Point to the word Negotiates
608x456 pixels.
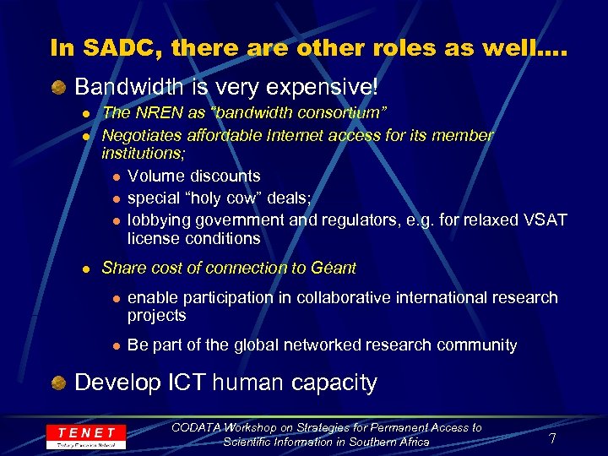pos(139,135)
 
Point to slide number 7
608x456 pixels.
pos(551,438)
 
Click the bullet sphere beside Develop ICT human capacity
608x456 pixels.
pos(58,383)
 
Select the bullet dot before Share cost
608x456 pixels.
pos(86,269)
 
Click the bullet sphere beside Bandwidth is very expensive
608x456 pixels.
pos(58,88)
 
